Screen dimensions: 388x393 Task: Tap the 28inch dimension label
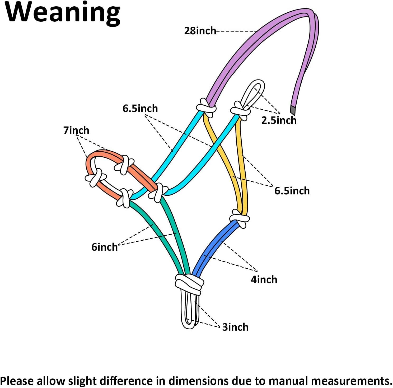(x=200, y=31)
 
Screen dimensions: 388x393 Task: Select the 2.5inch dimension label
(x=279, y=120)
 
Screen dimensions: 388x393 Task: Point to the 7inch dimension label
(x=76, y=130)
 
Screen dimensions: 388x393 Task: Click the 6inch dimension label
(x=104, y=247)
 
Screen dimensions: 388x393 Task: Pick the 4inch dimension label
(x=264, y=279)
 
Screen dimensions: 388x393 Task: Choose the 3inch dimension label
(x=235, y=327)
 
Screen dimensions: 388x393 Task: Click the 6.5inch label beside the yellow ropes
(x=292, y=191)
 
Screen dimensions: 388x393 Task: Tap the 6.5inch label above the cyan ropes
(x=140, y=108)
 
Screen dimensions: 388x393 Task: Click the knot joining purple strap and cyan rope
(x=206, y=107)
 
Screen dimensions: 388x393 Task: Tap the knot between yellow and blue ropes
(x=240, y=218)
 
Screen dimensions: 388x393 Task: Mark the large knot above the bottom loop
(x=189, y=283)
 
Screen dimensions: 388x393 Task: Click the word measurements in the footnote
(x=351, y=381)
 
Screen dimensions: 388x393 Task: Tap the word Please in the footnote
(x=17, y=381)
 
